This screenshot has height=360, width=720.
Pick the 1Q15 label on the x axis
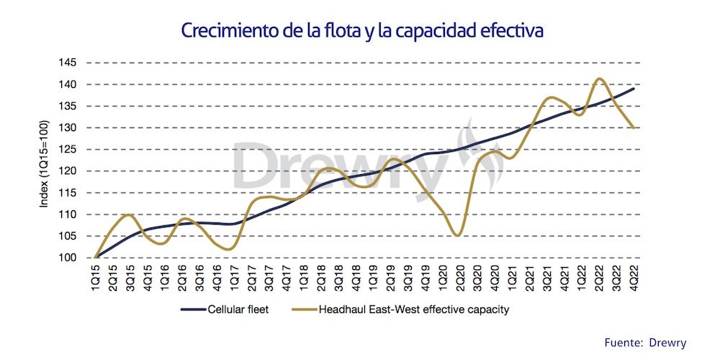point(96,277)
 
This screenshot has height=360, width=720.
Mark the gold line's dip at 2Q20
point(456,235)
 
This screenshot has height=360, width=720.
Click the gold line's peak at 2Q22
point(599,78)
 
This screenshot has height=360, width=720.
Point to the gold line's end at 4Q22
point(634,127)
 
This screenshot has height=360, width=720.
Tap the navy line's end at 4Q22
point(634,89)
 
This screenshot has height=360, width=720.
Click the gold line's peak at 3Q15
point(127,215)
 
